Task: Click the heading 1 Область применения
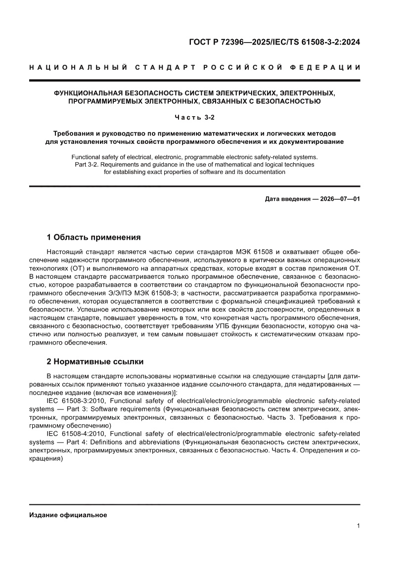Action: pyautogui.click(x=93, y=237)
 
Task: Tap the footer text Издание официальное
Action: pyautogui.click(x=68, y=515)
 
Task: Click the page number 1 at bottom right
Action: pyautogui.click(x=358, y=526)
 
